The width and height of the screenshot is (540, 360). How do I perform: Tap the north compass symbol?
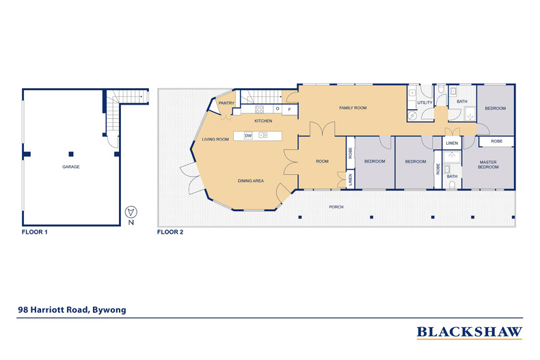click(x=132, y=211)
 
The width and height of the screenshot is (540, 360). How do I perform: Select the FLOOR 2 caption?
click(x=170, y=232)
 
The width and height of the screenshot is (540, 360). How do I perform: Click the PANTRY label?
click(x=228, y=104)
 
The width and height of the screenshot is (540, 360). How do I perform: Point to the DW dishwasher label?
click(x=248, y=136)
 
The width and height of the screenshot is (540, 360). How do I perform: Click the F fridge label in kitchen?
click(x=290, y=109)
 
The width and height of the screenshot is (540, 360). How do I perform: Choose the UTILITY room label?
click(x=424, y=103)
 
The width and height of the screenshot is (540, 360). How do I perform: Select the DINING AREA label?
click(x=251, y=181)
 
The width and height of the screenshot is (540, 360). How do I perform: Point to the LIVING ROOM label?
click(x=215, y=139)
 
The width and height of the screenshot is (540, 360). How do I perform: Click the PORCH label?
click(x=336, y=206)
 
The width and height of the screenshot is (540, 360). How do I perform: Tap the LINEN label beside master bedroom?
click(x=452, y=143)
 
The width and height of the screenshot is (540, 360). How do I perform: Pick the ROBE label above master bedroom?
click(x=497, y=141)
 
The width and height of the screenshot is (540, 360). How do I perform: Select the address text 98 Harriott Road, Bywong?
click(x=72, y=309)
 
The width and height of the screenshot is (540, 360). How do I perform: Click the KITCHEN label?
click(x=263, y=121)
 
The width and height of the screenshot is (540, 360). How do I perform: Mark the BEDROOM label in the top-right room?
click(x=495, y=109)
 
